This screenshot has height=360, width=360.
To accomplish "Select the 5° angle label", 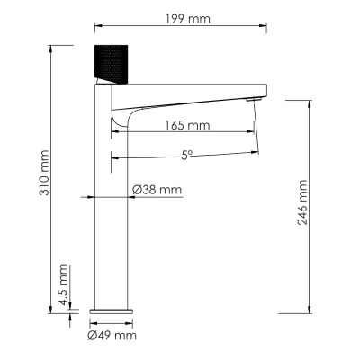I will [187, 155].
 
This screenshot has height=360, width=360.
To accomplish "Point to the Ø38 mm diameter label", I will [157, 189].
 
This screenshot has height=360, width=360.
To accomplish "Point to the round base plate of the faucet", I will [113, 309].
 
